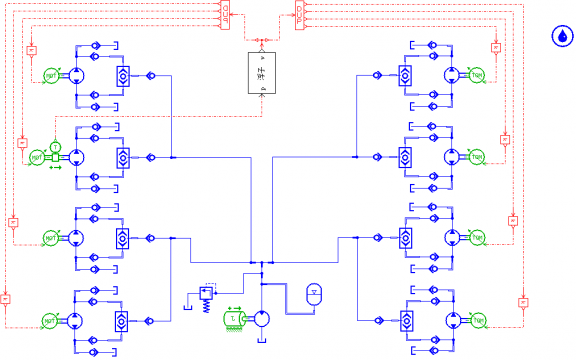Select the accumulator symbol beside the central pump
point(314,294)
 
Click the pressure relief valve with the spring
point(209,297)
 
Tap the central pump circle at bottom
point(262,319)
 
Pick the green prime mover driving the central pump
point(233,319)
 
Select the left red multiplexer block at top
point(226,12)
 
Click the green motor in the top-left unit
point(52,75)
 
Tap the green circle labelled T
point(56,148)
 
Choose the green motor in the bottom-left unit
point(50,320)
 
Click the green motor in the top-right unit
point(477,75)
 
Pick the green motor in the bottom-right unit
point(478,320)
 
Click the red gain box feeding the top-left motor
point(31,48)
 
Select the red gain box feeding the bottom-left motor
point(5,297)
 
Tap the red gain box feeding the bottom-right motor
point(522,301)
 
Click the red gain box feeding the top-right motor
point(496,47)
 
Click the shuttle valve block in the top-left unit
point(121,75)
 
